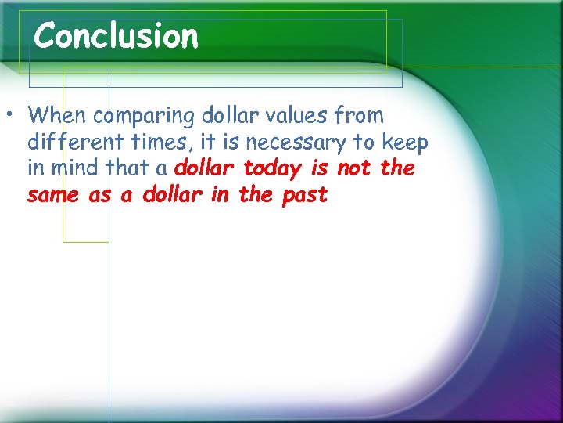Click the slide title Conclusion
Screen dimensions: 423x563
coord(117,36)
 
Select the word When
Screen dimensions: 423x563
coord(57,116)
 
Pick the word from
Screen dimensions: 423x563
coord(359,116)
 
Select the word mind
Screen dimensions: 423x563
coord(76,168)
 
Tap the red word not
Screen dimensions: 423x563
coord(353,168)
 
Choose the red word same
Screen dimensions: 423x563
coord(53,196)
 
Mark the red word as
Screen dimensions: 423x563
coord(100,196)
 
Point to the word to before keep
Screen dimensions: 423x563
coord(364,143)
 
